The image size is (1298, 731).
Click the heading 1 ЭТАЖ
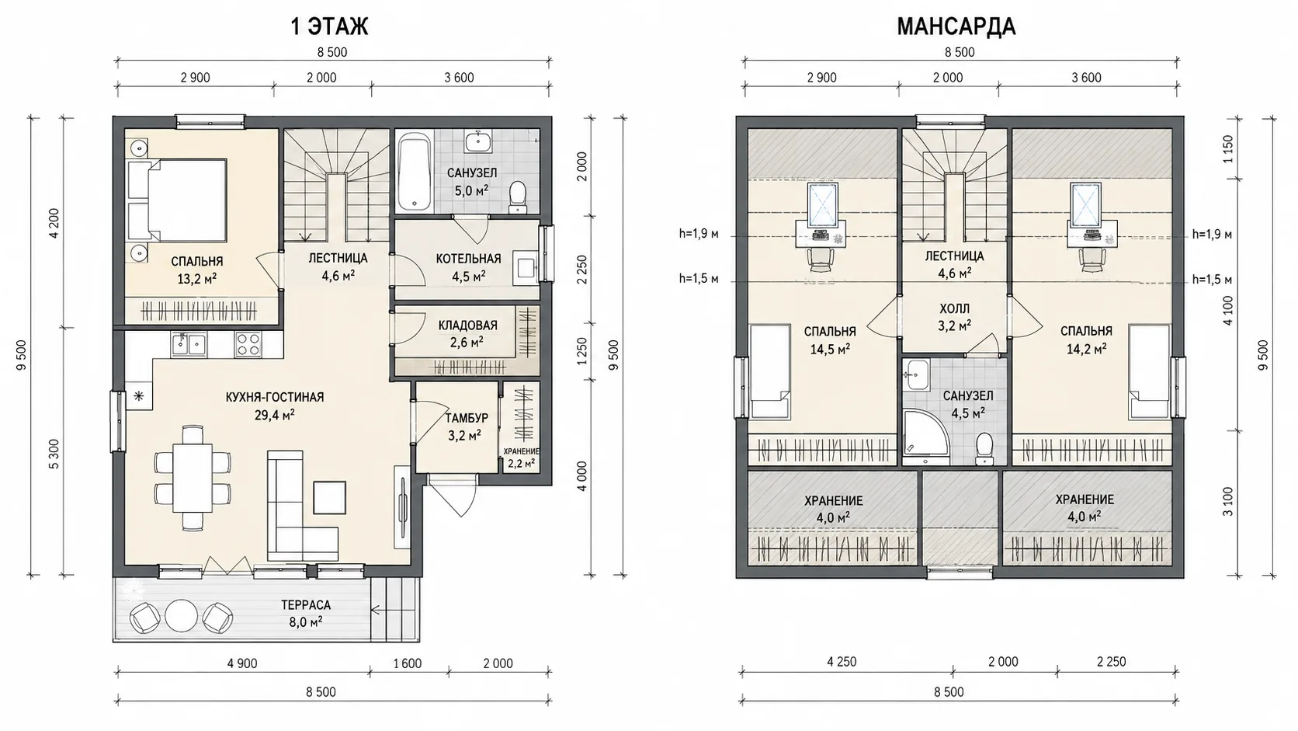tap(329, 26)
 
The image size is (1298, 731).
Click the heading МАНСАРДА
tap(956, 26)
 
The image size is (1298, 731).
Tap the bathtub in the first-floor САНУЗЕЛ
tap(415, 172)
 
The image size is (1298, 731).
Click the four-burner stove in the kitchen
tap(248, 344)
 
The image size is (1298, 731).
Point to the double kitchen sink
tap(188, 344)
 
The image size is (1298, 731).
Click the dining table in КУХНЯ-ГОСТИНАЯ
tap(193, 478)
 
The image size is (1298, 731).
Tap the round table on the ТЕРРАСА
tap(181, 615)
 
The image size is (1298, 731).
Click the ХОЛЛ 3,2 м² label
tap(954, 317)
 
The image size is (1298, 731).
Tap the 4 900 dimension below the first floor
tap(242, 663)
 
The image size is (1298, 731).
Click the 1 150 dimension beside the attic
tap(1228, 149)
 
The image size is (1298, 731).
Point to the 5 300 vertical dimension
tap(54, 454)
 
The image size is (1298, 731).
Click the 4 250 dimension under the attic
tap(842, 661)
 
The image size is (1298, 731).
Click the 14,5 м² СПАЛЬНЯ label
tap(830, 340)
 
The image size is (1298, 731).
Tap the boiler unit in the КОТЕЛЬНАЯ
tap(525, 268)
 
